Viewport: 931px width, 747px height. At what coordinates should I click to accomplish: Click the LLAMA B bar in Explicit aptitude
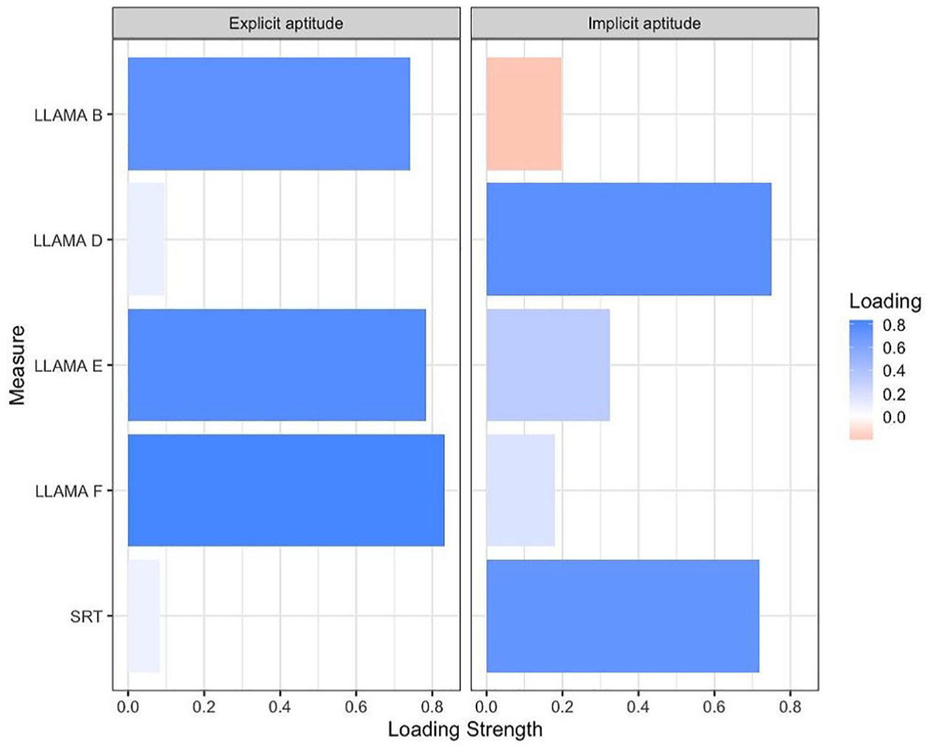point(269,114)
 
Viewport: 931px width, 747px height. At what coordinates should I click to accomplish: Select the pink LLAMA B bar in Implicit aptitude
point(524,114)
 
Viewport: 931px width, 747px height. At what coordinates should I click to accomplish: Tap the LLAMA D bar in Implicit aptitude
point(628,239)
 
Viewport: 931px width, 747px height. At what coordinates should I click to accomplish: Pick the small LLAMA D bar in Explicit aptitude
point(146,239)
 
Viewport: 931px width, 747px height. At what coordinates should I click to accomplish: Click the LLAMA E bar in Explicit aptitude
point(277,365)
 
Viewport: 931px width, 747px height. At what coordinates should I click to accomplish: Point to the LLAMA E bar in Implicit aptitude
point(548,365)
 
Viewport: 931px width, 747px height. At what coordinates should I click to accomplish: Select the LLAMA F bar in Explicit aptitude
point(286,490)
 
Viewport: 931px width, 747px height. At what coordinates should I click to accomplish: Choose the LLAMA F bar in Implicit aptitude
point(520,490)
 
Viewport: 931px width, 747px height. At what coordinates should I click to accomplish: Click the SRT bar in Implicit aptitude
point(622,615)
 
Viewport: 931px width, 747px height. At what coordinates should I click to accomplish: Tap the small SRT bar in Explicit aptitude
point(144,615)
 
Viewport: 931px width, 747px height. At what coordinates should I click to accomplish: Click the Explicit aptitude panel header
point(286,24)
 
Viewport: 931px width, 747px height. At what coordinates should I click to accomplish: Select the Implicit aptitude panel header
point(644,24)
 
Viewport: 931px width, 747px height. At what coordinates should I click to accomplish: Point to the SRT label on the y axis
point(86,616)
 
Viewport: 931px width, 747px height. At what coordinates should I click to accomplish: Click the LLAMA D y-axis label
point(67,240)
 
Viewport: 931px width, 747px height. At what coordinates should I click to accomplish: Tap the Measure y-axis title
point(17,365)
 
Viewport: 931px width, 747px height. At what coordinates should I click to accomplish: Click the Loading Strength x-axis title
point(465,729)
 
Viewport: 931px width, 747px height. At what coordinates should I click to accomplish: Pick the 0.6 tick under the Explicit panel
point(356,706)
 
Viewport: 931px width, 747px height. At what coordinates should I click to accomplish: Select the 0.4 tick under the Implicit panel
point(638,706)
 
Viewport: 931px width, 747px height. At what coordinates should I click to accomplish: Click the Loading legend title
point(885,301)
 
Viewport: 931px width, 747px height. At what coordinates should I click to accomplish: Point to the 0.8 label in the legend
point(894,325)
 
